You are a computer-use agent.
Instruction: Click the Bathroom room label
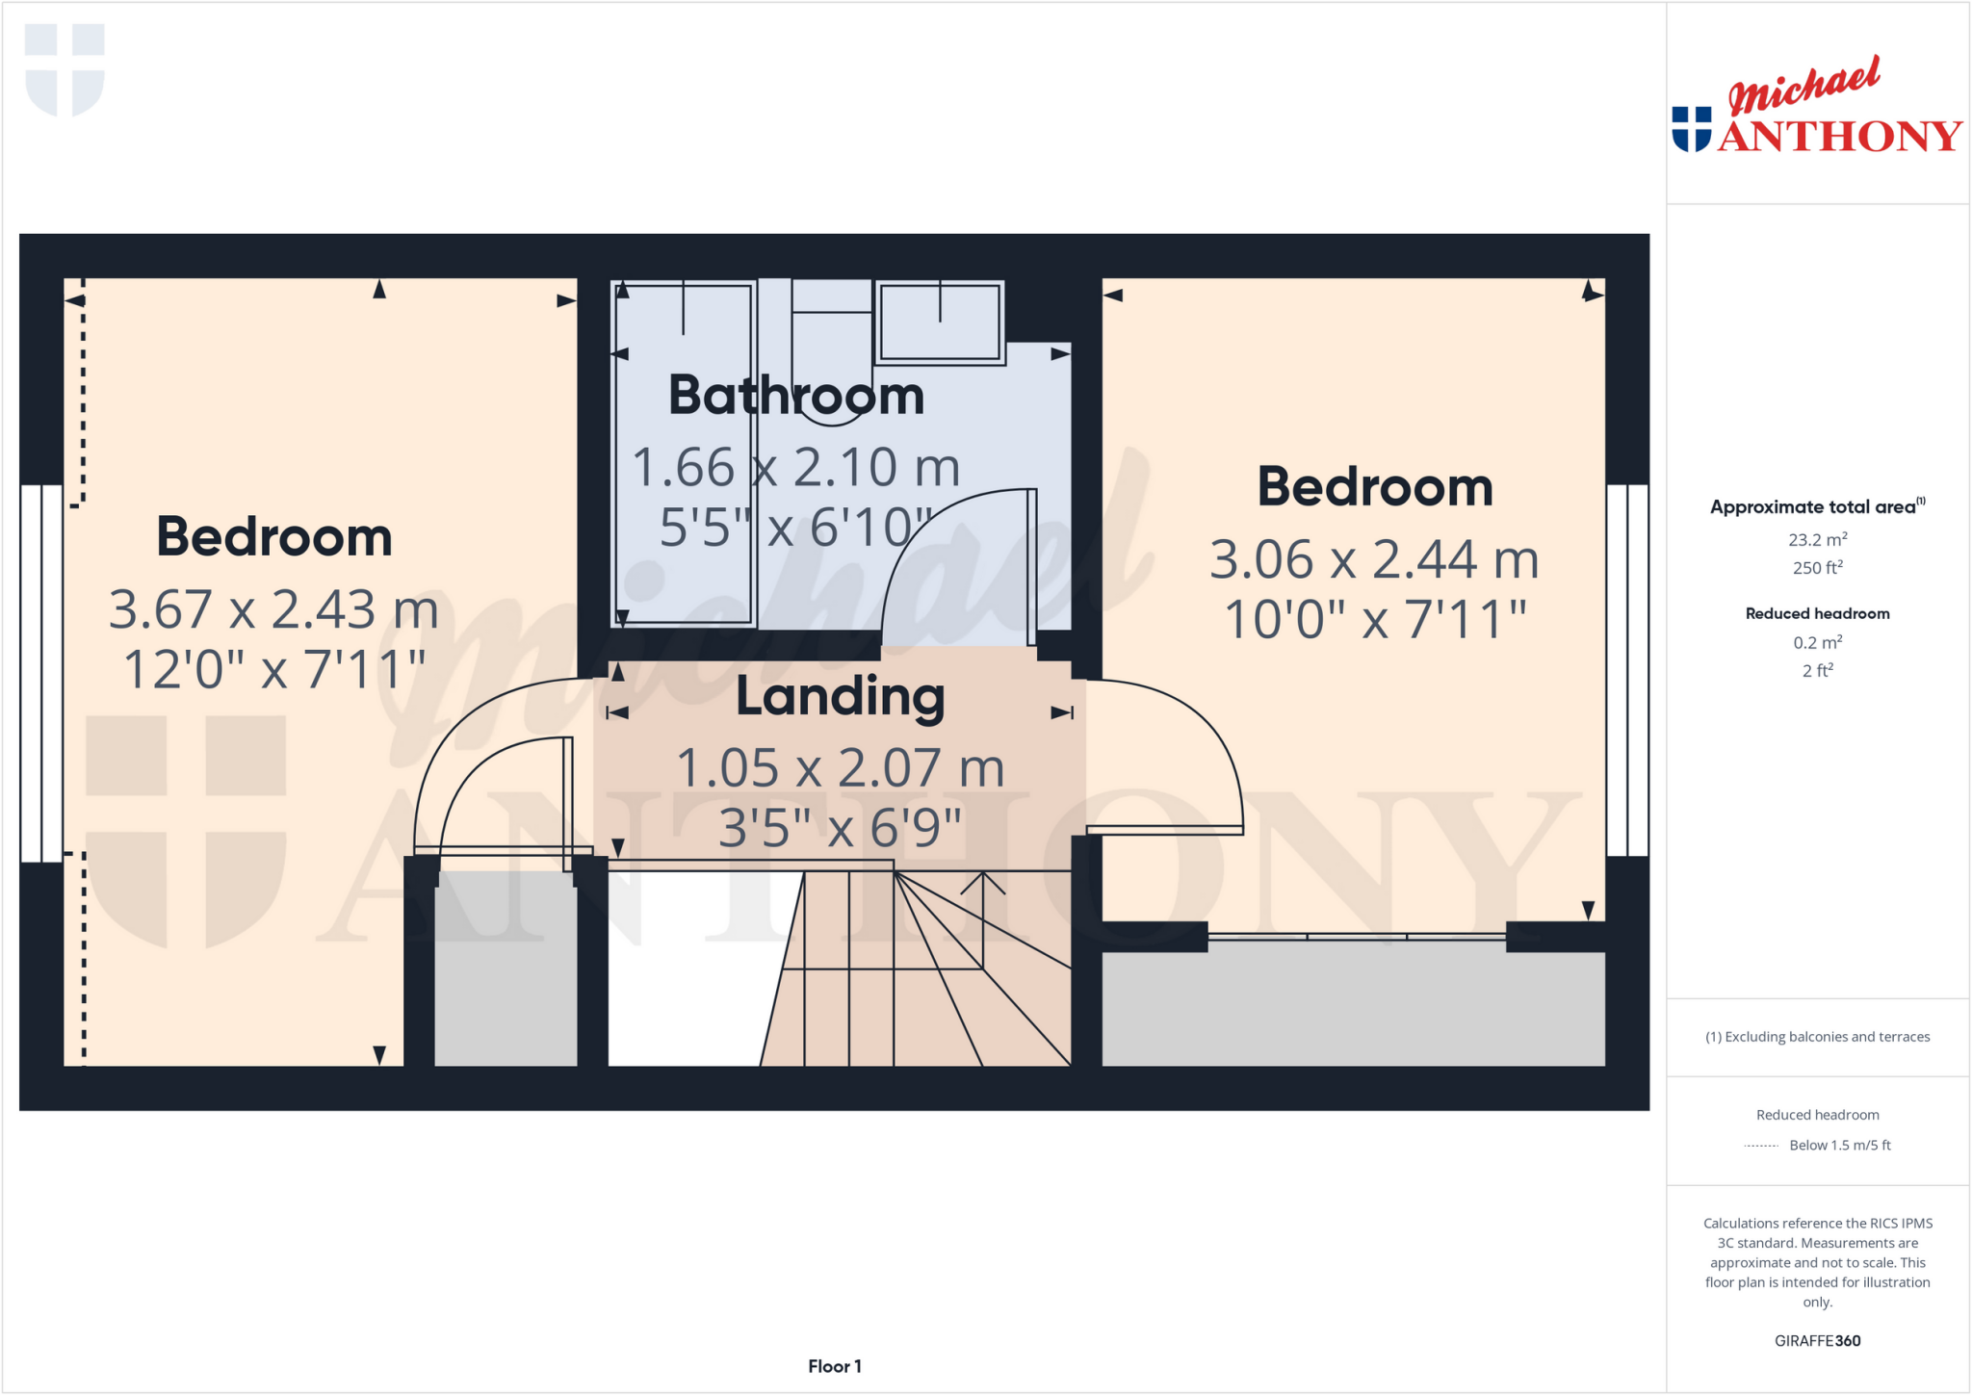click(x=796, y=396)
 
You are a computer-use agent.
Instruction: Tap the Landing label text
click(x=840, y=697)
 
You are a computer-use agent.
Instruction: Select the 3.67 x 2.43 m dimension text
click(x=273, y=609)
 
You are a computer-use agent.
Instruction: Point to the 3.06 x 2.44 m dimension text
click(x=1374, y=559)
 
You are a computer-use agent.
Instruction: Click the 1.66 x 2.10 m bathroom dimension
click(x=796, y=468)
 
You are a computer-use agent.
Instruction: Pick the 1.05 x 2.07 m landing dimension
click(x=840, y=768)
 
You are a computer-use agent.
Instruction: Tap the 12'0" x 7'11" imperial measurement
click(x=273, y=670)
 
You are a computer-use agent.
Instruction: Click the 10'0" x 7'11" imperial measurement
click(x=1374, y=619)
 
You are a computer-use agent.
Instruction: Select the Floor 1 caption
click(x=834, y=1366)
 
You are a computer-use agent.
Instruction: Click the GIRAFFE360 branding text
click(x=1817, y=1340)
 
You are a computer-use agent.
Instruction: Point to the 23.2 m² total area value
click(x=1817, y=540)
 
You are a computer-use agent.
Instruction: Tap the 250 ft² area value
click(x=1817, y=568)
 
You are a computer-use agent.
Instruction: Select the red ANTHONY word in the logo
click(x=1839, y=137)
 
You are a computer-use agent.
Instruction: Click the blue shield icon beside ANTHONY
click(x=1692, y=129)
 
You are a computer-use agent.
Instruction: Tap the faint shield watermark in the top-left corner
click(x=65, y=69)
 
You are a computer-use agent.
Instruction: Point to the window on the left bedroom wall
click(x=41, y=673)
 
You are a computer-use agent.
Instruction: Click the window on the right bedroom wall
click(x=1627, y=670)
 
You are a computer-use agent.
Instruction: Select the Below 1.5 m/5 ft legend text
click(x=1839, y=1145)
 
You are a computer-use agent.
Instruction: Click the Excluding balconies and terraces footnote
click(x=1817, y=1037)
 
